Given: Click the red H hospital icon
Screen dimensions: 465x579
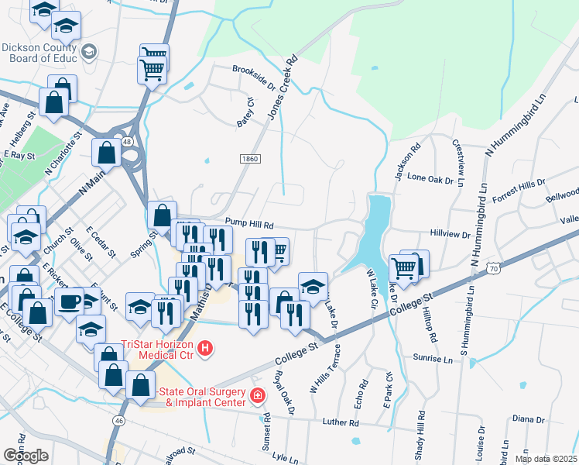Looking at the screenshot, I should (x=205, y=350).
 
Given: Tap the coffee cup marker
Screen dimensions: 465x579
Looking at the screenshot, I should (x=69, y=300).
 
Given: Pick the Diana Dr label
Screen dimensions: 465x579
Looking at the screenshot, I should (x=529, y=418).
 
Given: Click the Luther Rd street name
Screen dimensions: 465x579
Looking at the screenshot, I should (x=341, y=423).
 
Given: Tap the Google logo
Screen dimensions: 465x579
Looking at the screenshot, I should (x=26, y=456).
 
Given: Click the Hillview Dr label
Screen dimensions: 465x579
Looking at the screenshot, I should (x=450, y=233).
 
